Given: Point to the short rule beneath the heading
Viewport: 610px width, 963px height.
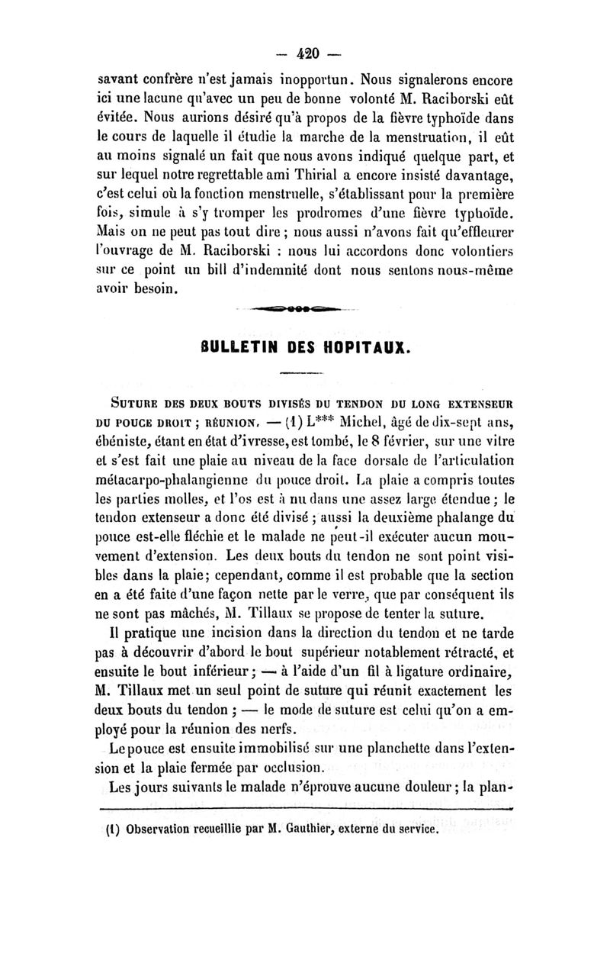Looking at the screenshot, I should point(305,372).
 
